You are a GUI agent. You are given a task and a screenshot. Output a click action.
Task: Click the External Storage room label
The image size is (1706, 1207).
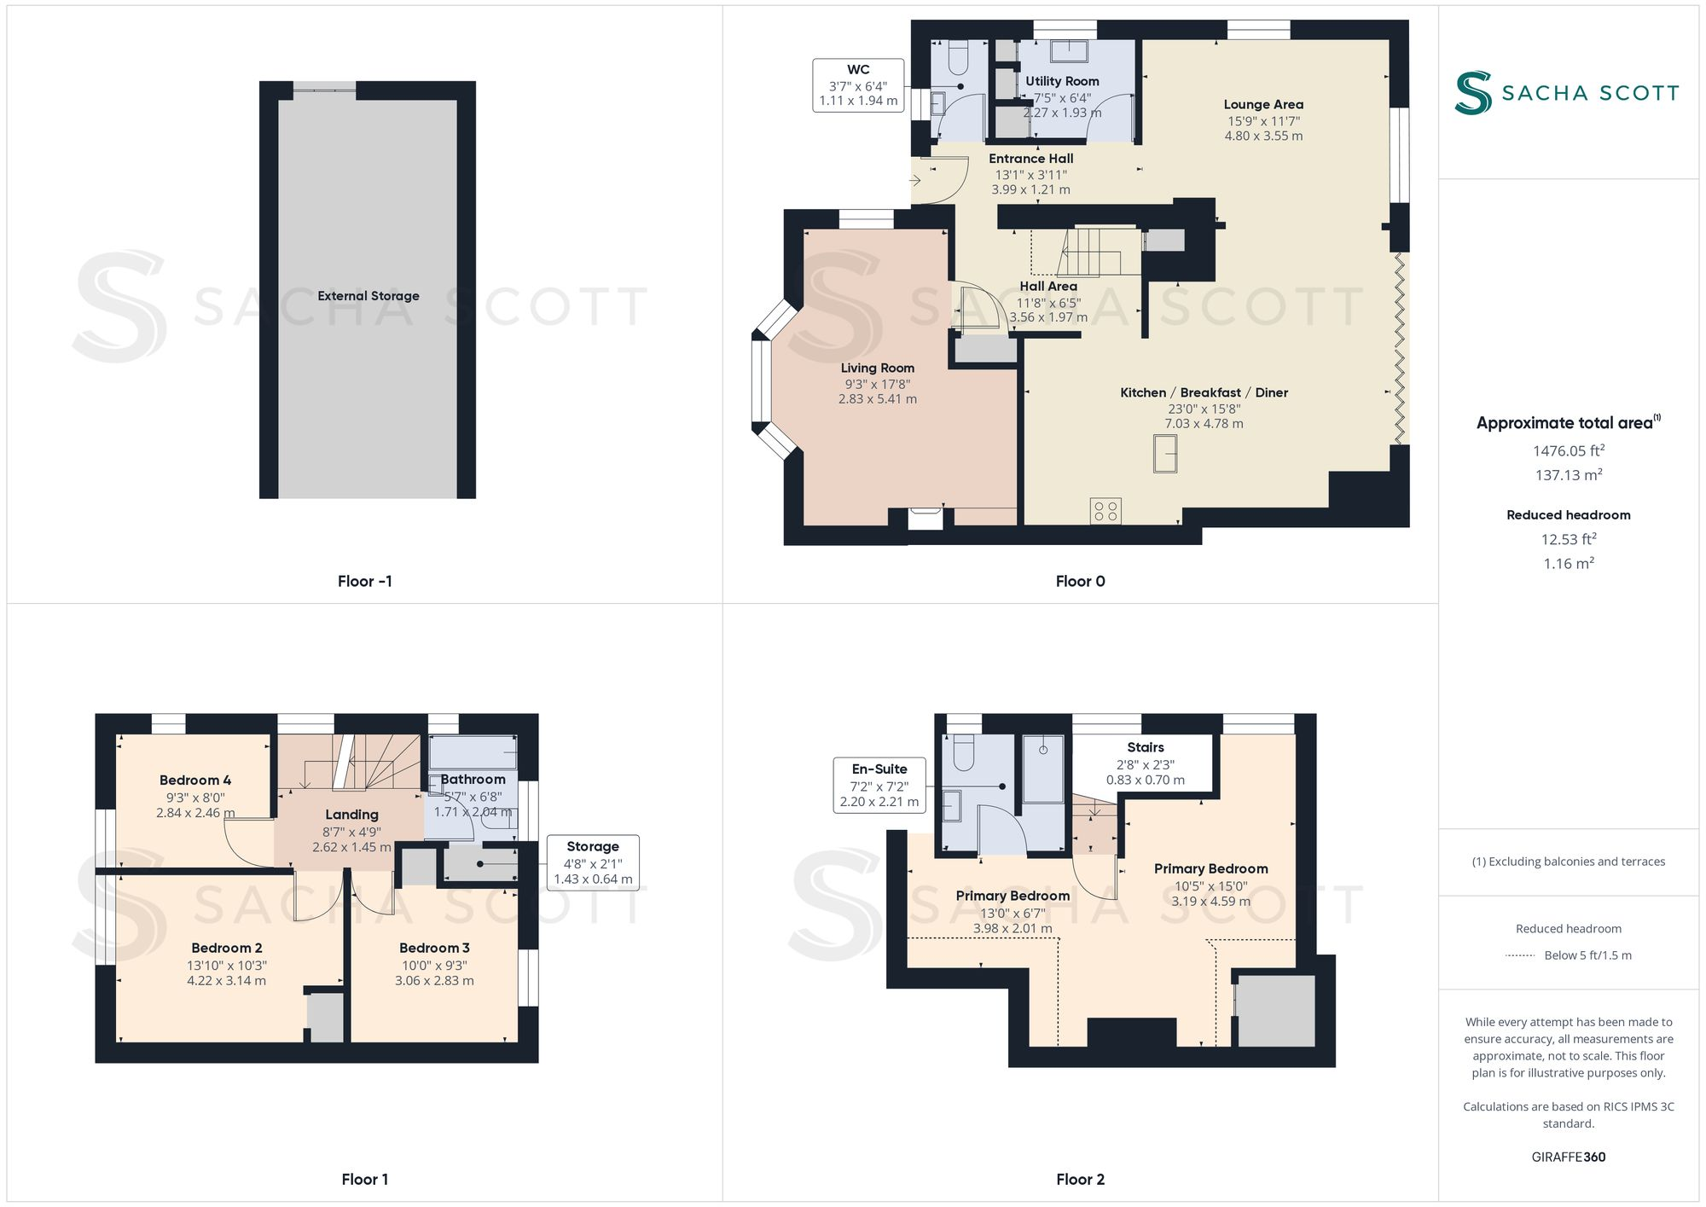[x=368, y=296]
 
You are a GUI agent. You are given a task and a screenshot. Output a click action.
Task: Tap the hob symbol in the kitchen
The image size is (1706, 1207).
[x=1105, y=511]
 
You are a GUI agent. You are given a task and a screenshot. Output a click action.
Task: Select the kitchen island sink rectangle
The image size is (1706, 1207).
[x=1165, y=453]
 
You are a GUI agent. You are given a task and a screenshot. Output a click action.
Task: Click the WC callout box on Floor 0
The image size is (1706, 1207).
[x=858, y=85]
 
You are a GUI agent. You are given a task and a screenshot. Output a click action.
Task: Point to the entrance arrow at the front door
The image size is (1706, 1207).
[x=915, y=180]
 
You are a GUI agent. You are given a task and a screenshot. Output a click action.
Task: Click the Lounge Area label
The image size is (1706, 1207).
[x=1263, y=105]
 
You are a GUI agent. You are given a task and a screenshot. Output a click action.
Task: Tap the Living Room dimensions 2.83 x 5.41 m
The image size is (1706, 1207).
[x=877, y=399]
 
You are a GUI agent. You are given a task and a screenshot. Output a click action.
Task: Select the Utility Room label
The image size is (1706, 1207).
[x=1062, y=82]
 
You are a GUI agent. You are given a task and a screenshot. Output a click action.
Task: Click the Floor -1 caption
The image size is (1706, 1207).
[x=364, y=581]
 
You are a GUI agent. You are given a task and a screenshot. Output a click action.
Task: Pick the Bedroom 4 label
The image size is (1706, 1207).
[x=195, y=780]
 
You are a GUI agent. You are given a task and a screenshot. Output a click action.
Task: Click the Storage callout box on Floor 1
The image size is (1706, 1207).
[x=593, y=862]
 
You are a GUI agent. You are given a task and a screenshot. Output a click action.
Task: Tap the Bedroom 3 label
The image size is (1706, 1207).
[x=434, y=949]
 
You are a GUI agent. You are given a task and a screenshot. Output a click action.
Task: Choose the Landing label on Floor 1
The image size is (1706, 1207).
[x=351, y=815]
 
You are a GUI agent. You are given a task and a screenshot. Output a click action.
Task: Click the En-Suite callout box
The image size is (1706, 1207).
[x=879, y=785]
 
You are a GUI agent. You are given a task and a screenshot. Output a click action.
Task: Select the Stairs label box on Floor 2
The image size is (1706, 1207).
[x=1145, y=763]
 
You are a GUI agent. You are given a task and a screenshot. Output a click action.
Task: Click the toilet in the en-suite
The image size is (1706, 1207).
[x=964, y=753]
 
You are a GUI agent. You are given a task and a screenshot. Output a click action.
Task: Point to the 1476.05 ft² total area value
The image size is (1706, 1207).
[x=1568, y=451]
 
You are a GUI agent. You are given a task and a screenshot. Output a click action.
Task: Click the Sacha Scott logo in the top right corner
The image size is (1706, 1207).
[x=1567, y=93]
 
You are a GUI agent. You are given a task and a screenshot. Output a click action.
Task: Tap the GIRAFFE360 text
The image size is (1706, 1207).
[x=1568, y=1158]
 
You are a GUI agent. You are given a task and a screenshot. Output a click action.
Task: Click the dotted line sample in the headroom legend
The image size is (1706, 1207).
[x=1520, y=955]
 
